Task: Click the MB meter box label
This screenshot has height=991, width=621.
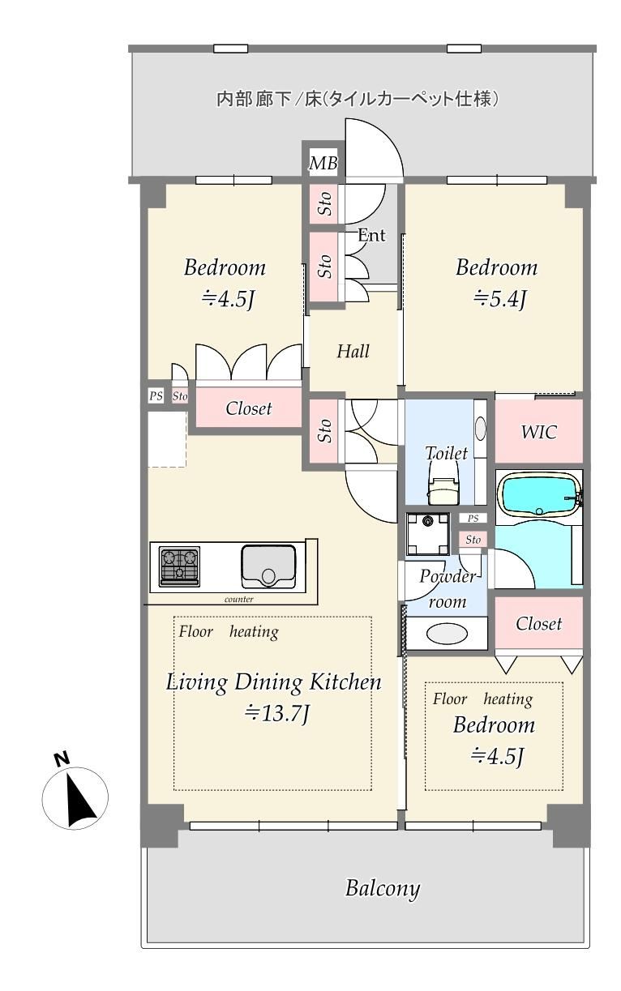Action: click(323, 163)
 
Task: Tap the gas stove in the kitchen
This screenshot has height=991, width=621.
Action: click(179, 566)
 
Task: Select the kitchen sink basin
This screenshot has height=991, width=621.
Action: click(268, 566)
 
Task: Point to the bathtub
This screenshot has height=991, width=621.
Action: click(538, 496)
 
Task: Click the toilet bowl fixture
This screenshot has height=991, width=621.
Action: click(443, 490)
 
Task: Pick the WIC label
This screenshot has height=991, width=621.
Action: click(538, 432)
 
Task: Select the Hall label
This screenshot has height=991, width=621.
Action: click(353, 352)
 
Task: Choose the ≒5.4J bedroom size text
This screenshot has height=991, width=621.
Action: click(499, 300)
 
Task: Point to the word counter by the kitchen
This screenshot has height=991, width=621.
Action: click(239, 600)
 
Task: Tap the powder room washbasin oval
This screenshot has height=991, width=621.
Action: click(447, 634)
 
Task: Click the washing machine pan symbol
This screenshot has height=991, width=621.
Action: click(428, 533)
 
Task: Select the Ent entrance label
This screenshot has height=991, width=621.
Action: click(371, 235)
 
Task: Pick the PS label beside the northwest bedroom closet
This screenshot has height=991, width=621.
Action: click(156, 395)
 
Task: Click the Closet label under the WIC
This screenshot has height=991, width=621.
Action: click(538, 624)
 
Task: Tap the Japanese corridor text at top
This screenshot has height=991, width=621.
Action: click(358, 99)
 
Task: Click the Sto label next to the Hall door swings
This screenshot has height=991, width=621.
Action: click(326, 430)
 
